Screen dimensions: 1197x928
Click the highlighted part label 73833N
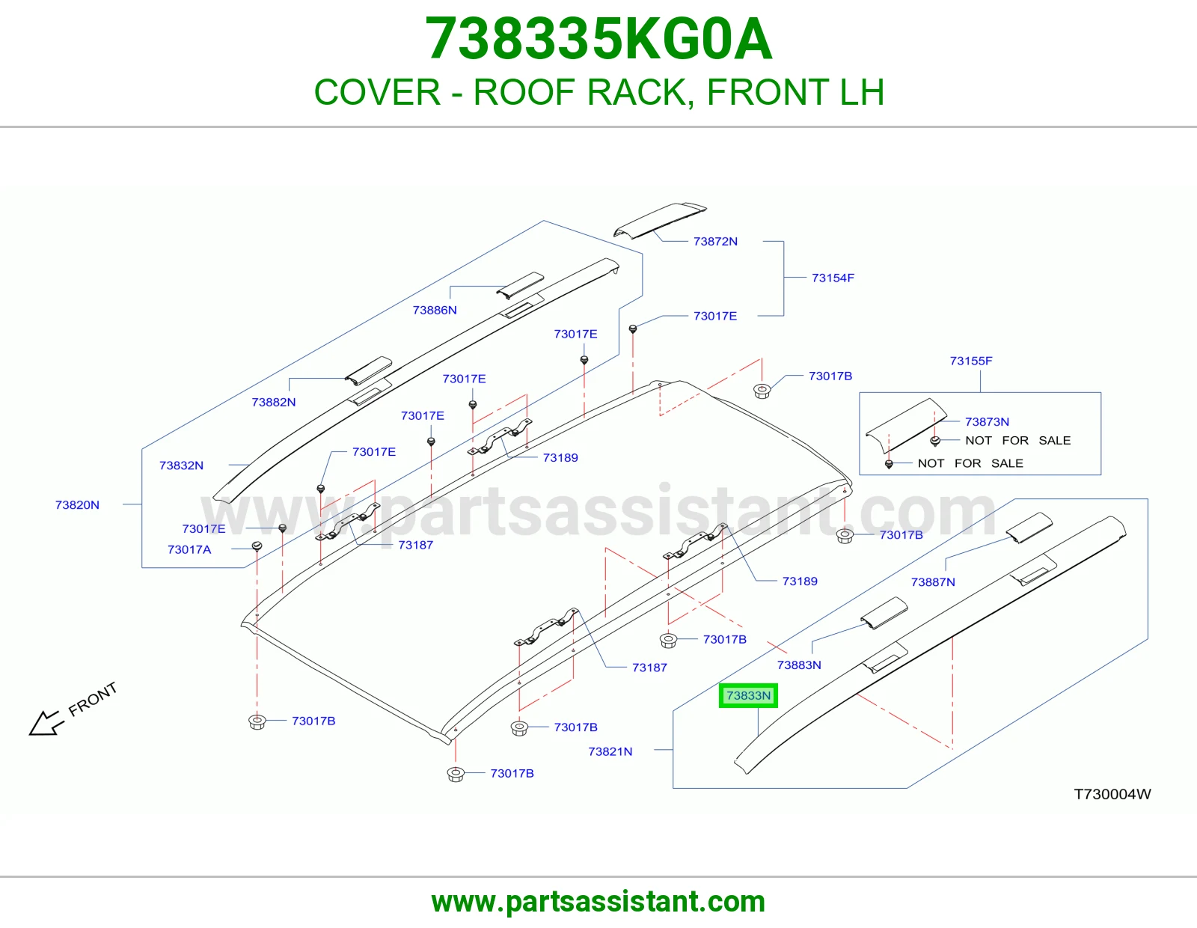point(748,695)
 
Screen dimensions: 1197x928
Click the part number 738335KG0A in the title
point(598,39)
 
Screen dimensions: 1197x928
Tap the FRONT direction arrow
point(46,722)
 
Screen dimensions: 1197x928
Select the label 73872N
point(715,242)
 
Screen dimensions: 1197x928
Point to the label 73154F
point(833,278)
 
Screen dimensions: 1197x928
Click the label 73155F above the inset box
point(971,361)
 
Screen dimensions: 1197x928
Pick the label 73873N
point(987,421)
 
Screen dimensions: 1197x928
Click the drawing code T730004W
point(1112,794)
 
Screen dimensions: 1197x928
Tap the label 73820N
point(77,504)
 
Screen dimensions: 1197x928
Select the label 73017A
point(189,549)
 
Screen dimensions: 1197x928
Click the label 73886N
point(435,311)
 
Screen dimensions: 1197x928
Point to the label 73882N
point(274,403)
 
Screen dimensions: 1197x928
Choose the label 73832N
point(181,465)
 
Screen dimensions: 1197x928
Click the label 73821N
point(610,751)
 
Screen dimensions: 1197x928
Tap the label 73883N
point(799,665)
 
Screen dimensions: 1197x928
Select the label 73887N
point(933,582)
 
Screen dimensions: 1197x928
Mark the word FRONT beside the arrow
point(93,699)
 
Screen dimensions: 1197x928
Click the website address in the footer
point(598,902)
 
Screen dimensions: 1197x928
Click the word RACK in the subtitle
point(640,92)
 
